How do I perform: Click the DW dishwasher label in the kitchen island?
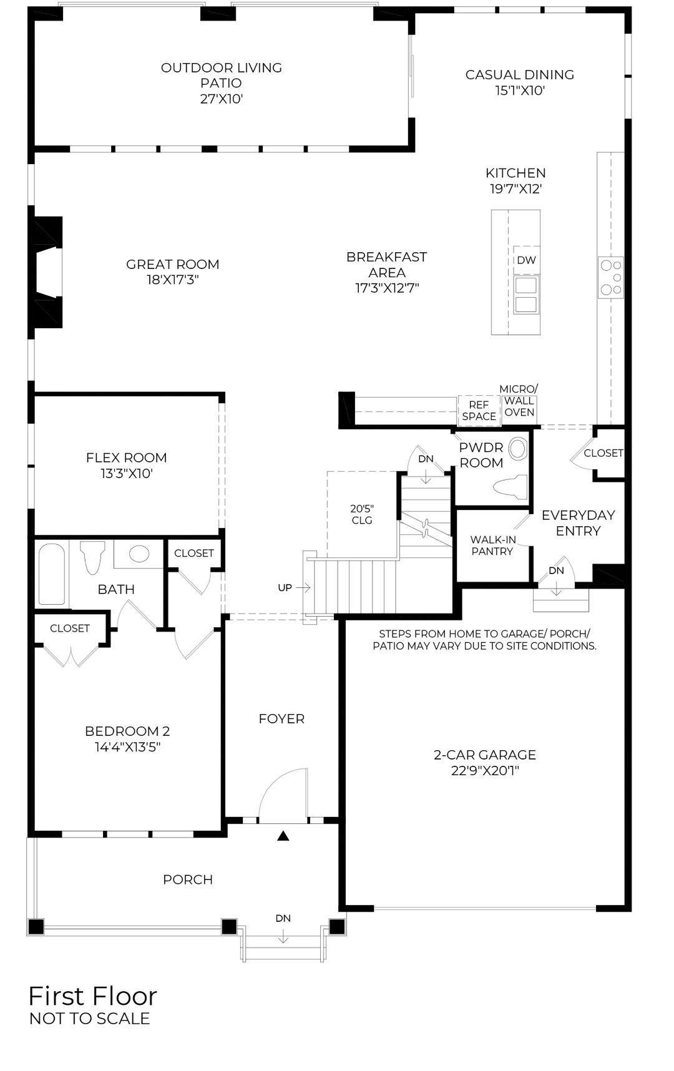click(x=526, y=260)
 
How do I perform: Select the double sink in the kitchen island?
click(x=527, y=295)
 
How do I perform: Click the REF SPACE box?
click(x=479, y=411)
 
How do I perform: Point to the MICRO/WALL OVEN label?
click(x=519, y=401)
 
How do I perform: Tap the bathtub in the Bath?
click(x=52, y=574)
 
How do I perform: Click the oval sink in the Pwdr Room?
click(x=518, y=448)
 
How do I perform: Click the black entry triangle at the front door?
click(x=283, y=836)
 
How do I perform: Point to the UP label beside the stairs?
click(x=285, y=587)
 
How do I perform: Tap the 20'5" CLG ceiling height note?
click(x=362, y=514)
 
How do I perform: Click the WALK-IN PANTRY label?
click(x=492, y=545)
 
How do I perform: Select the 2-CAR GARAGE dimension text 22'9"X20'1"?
click(x=485, y=771)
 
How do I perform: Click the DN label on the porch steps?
click(x=283, y=918)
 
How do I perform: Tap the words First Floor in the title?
click(x=93, y=996)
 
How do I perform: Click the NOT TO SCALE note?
click(x=90, y=1019)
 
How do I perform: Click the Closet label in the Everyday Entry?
click(x=603, y=453)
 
